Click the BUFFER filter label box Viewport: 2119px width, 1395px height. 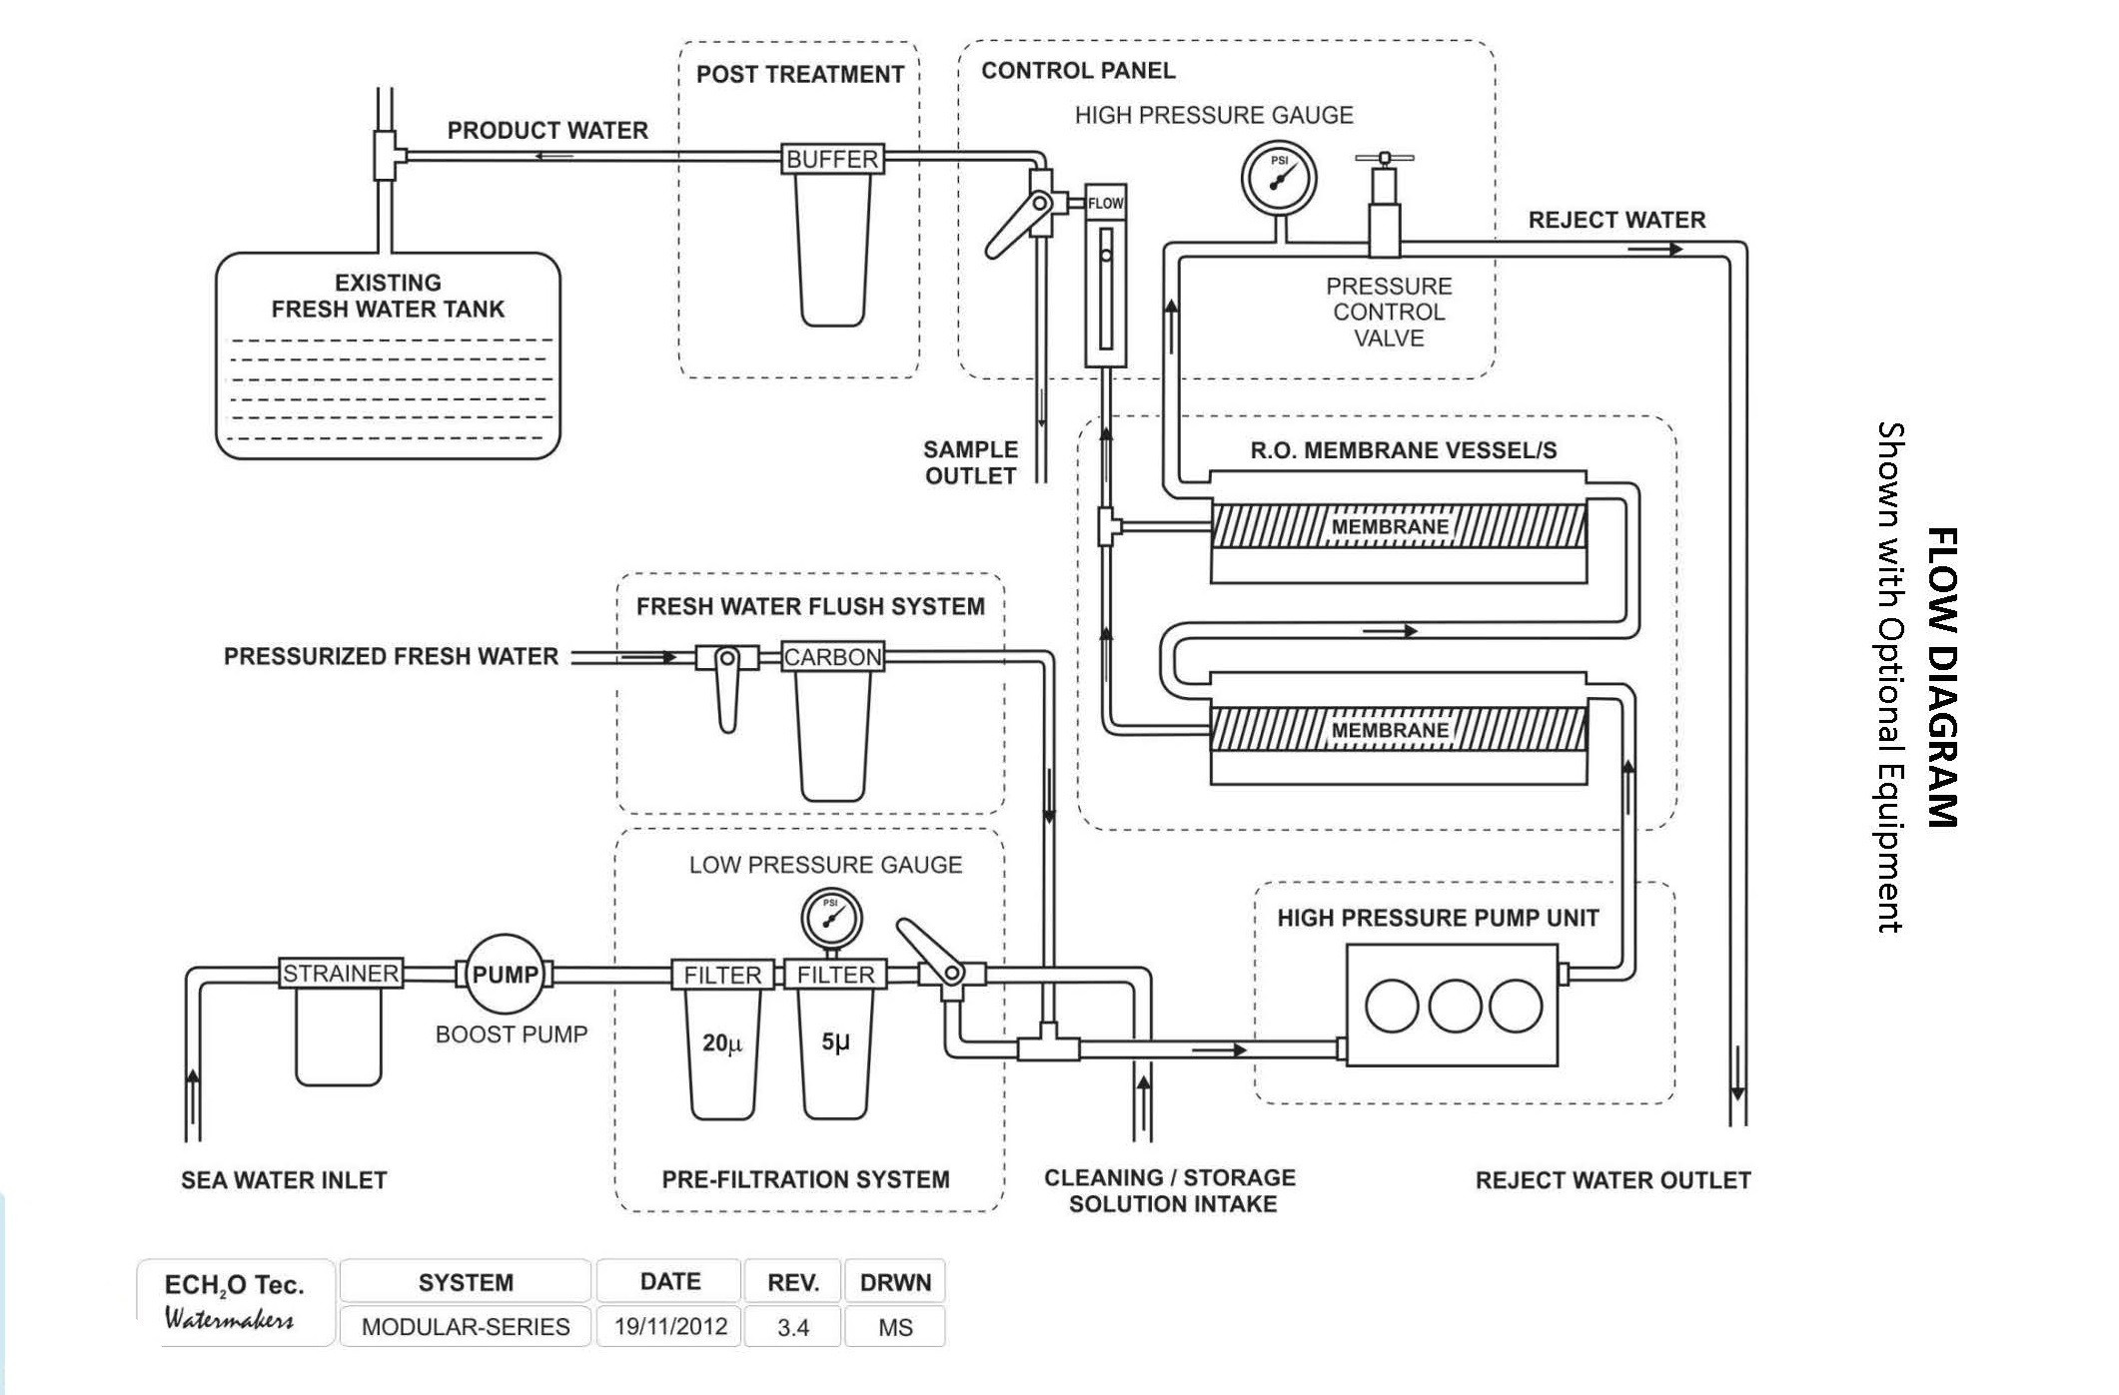tap(832, 159)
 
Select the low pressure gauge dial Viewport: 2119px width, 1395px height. tap(831, 917)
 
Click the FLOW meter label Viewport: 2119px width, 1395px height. tap(1106, 203)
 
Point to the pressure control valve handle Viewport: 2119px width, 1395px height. tap(1385, 158)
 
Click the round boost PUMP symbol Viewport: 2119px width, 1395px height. tap(505, 974)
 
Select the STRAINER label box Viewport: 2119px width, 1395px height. tap(341, 973)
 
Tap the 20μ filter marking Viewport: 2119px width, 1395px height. tap(722, 1044)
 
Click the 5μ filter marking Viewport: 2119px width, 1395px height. tap(835, 1042)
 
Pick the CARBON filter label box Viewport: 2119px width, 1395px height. tap(832, 657)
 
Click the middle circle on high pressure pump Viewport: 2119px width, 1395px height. tap(1455, 1006)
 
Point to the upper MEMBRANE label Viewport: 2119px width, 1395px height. tap(1390, 526)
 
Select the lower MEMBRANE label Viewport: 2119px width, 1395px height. tap(1390, 730)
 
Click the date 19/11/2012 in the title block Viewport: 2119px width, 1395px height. tap(670, 1326)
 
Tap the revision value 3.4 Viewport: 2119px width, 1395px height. tap(793, 1327)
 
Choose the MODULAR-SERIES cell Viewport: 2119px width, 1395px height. tap(466, 1327)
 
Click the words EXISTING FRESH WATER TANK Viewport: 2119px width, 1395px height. tap(388, 296)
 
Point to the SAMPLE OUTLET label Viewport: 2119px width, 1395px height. tap(970, 462)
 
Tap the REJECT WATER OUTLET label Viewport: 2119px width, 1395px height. tap(1612, 1180)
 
